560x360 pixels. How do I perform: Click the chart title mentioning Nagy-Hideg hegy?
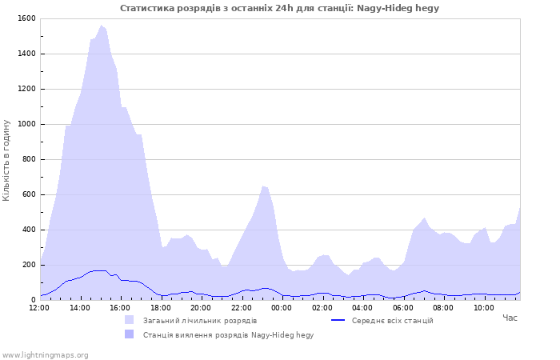[279, 8]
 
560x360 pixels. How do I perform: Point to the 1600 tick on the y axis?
[27, 18]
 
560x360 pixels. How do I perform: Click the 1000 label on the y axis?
[27, 124]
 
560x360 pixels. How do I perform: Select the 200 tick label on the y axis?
[30, 265]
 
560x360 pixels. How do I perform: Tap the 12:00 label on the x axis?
[39, 307]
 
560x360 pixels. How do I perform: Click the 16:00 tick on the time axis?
[120, 307]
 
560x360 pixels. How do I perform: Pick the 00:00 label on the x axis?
[282, 307]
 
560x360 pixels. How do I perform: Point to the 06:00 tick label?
[403, 307]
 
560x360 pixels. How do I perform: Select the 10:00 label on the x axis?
[484, 307]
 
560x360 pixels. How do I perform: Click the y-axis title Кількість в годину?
[7, 160]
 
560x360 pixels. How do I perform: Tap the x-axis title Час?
[510, 318]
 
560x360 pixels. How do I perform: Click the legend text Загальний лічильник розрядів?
[200, 321]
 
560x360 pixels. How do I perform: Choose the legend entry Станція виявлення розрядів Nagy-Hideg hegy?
[228, 335]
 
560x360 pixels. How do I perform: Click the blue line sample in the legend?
[337, 321]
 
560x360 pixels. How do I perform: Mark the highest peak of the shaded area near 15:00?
[101, 26]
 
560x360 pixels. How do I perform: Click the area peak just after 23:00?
[262, 186]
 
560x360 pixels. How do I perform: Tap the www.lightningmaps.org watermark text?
[45, 354]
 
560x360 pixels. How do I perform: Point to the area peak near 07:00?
[425, 218]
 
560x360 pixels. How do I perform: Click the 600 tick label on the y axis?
[30, 194]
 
